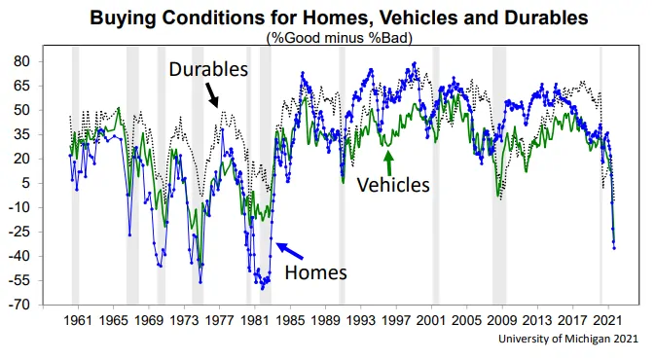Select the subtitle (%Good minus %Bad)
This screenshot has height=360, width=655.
tap(340, 38)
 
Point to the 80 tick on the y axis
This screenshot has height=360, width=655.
tap(22, 61)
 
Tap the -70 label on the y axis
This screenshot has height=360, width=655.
tap(19, 305)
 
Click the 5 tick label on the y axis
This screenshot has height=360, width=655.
tap(26, 183)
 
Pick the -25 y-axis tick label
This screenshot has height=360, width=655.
tap(19, 232)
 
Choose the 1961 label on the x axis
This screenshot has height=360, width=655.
tap(78, 321)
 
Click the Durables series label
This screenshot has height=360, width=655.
tap(208, 69)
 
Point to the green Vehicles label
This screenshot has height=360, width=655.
tap(393, 185)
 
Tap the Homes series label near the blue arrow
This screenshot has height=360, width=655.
tap(315, 272)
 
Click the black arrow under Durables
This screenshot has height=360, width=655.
tap(212, 94)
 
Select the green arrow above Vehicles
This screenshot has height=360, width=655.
tap(389, 162)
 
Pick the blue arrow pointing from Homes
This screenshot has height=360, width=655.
tap(289, 251)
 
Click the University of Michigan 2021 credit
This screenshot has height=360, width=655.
tap(568, 339)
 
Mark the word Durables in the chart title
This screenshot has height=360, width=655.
tap(546, 18)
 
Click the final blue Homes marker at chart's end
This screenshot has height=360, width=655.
tap(614, 248)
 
